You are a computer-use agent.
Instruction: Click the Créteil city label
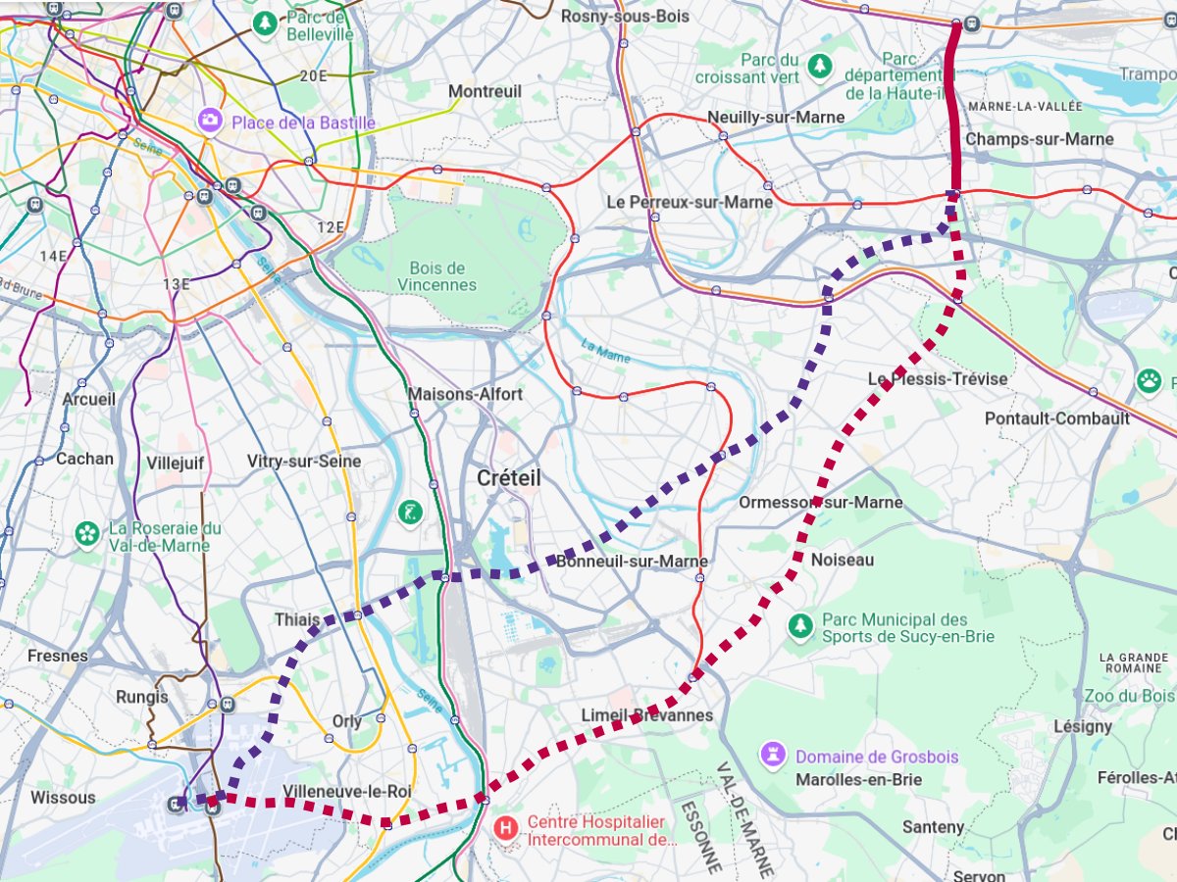(508, 478)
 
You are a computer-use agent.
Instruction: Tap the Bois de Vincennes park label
(437, 276)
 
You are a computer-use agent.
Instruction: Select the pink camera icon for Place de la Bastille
(210, 121)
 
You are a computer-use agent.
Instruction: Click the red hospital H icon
(506, 828)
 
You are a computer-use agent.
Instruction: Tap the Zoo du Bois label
(1129, 696)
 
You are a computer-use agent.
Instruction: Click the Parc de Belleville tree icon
(265, 24)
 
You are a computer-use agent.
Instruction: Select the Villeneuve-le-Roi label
(346, 791)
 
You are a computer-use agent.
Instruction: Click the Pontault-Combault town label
(1057, 418)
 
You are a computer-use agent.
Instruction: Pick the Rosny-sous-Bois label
(625, 17)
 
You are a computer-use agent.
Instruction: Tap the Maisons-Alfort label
(465, 394)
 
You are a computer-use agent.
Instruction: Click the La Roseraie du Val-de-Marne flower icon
(88, 535)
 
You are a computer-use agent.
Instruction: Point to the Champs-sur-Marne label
(1040, 139)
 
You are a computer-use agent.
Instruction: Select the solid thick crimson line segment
(954, 108)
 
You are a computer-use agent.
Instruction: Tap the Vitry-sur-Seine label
(304, 461)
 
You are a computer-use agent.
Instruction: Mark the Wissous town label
(63, 798)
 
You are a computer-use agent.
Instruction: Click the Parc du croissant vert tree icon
(820, 68)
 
